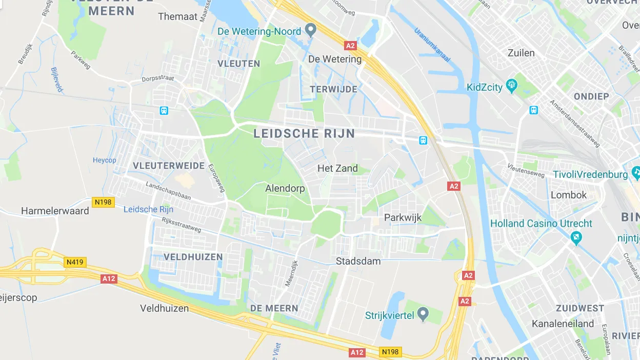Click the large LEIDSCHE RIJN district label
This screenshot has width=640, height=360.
click(304, 134)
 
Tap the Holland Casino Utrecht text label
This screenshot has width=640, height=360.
click(541, 224)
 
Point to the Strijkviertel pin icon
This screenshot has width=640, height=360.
click(423, 313)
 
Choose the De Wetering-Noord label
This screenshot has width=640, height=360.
click(259, 31)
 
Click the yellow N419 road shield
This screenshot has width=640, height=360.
click(75, 263)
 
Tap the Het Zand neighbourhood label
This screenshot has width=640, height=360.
click(337, 168)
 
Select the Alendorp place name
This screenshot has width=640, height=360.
click(285, 189)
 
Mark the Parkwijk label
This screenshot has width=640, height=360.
click(403, 217)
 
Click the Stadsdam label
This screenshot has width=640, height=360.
click(358, 261)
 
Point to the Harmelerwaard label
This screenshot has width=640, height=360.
click(55, 211)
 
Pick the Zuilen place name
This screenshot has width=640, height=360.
click(521, 53)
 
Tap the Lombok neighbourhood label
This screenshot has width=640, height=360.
click(568, 195)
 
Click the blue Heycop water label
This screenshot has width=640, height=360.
click(104, 161)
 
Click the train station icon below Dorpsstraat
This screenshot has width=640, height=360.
click(164, 110)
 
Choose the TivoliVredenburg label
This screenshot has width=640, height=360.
click(590, 175)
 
